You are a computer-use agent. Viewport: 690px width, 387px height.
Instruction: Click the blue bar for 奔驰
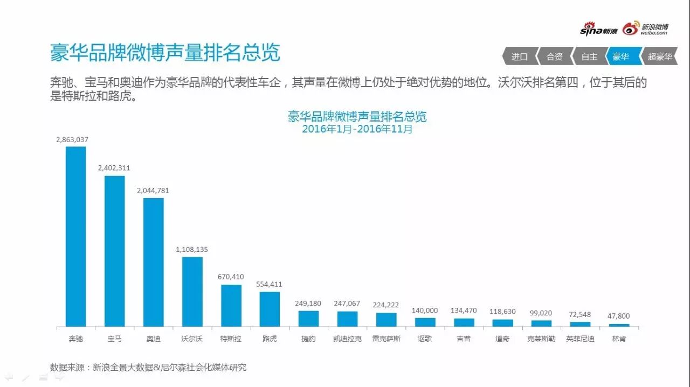point(75,236)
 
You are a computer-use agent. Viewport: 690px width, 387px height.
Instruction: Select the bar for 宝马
point(114,251)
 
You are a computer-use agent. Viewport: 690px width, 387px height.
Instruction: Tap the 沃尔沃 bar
point(192,291)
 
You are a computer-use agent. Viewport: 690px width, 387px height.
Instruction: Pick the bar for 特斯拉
point(231,305)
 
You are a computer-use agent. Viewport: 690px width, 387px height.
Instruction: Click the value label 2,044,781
point(153,191)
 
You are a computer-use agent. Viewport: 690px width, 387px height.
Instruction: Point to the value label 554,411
point(270,284)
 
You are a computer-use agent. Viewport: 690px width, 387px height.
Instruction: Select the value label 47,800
point(619,316)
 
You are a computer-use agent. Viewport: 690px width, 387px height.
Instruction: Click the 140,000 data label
point(425,311)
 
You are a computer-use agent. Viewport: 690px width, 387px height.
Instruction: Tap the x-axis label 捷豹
point(308,340)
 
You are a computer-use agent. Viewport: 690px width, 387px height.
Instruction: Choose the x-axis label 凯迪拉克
point(347,340)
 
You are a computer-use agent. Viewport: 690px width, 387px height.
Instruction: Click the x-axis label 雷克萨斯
point(386,340)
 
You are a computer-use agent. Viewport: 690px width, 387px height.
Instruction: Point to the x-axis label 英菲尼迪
point(580,340)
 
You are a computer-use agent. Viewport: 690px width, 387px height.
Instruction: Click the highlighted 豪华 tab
point(622,57)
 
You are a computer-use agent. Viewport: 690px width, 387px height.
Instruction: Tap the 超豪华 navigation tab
point(659,57)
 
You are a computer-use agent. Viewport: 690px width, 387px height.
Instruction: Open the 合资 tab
point(554,57)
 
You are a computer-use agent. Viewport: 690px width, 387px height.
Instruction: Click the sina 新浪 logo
point(598,30)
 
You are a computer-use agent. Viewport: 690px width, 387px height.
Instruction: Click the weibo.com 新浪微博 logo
point(646,29)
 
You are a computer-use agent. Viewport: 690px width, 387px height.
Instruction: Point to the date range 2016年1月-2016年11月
point(357,129)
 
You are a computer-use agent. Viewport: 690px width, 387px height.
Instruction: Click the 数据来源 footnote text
point(148,368)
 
